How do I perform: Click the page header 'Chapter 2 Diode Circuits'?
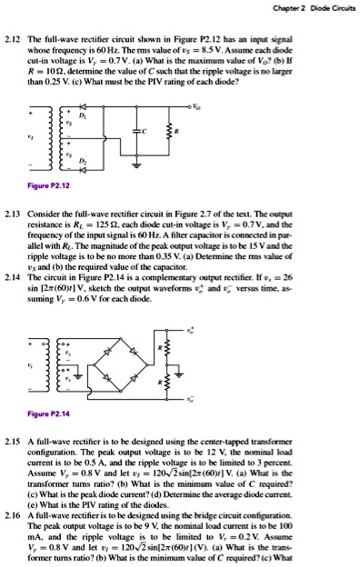(309, 8)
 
